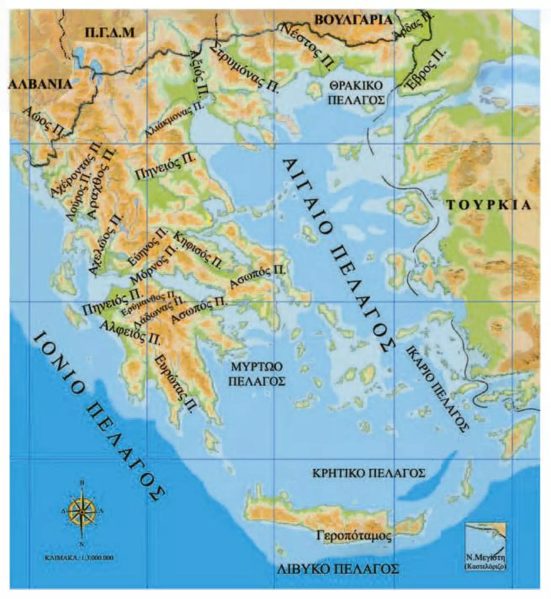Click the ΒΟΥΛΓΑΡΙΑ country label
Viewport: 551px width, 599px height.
(x=353, y=20)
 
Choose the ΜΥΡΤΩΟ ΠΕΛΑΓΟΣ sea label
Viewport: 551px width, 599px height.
(x=256, y=375)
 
